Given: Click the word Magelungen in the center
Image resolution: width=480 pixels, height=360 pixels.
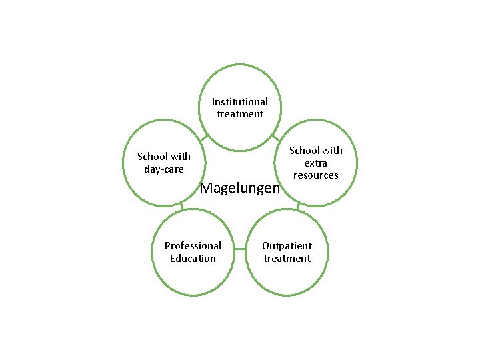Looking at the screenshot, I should click(240, 189).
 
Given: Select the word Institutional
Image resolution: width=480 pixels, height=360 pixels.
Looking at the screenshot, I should click(240, 102).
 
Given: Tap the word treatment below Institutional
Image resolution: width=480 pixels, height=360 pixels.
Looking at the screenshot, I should click(240, 114).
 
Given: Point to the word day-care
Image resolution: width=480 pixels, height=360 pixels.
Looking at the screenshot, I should click(164, 169).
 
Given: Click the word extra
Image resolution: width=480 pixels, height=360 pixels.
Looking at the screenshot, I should click(316, 163).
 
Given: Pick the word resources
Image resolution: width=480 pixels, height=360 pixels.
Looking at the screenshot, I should click(316, 175).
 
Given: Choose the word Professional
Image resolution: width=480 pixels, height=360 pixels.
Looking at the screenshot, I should click(193, 246).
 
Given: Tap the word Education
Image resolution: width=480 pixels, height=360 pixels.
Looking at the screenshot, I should click(193, 259).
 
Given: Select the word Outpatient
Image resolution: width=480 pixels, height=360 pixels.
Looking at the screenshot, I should click(287, 246).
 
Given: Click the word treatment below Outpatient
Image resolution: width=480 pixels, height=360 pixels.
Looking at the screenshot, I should click(287, 259).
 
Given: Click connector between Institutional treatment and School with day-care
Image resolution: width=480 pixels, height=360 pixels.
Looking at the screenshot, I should click(204, 138).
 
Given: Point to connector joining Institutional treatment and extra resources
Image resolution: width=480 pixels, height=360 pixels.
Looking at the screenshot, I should click(275, 137).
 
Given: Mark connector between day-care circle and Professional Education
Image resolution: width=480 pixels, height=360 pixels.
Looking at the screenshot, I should click(181, 207).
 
